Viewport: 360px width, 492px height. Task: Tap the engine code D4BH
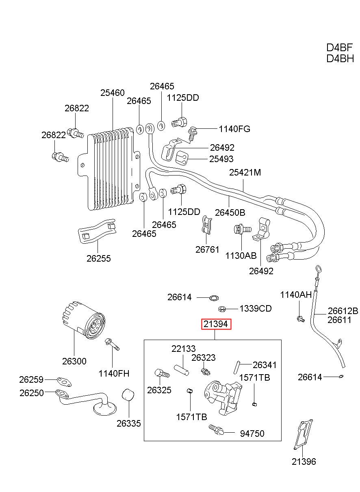(340, 59)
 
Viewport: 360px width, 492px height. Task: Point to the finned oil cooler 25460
(109, 169)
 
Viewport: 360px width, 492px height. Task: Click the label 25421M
(245, 172)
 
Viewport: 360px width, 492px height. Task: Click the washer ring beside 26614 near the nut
(214, 298)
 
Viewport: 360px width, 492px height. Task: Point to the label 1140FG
(234, 129)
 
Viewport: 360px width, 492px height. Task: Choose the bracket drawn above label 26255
(97, 231)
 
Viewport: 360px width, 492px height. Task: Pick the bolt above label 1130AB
(243, 229)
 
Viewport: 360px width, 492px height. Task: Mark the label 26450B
(230, 212)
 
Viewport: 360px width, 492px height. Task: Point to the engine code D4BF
(339, 48)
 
